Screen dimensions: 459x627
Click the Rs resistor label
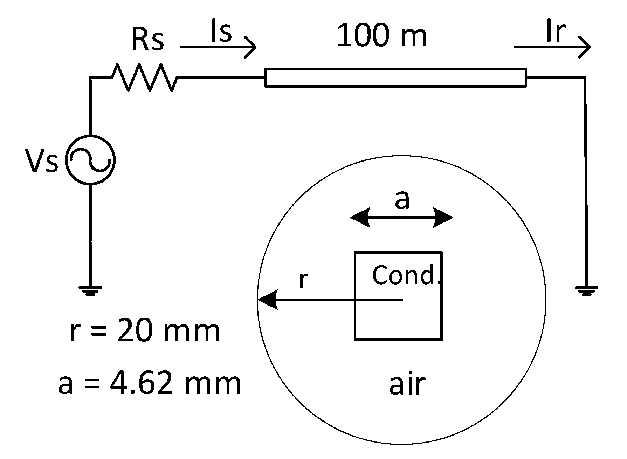coord(147,39)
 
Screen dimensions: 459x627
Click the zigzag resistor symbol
coord(144,77)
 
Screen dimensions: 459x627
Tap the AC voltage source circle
coord(90,160)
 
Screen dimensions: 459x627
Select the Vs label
coord(41,161)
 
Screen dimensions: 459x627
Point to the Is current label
coord(221,32)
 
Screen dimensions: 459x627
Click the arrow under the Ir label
coord(552,47)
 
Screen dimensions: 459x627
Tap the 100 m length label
coord(381,36)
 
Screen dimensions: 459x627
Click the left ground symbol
coord(90,290)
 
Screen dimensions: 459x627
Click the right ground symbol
coord(586,290)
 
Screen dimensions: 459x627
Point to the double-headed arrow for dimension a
coord(401,218)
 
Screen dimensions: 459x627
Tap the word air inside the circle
coord(407,384)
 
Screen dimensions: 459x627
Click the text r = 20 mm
coord(145,331)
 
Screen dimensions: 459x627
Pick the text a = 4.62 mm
coord(150,384)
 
